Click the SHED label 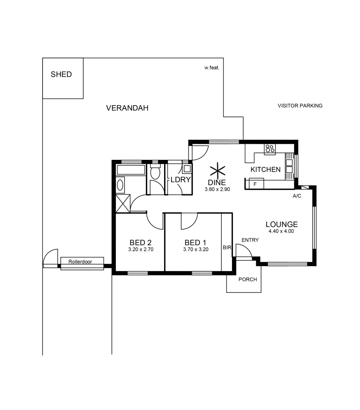(x=61, y=74)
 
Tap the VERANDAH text (x=127, y=108)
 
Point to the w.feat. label (x=212, y=68)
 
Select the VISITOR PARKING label (x=300, y=106)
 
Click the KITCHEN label (x=265, y=170)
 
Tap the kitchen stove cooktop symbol (x=270, y=149)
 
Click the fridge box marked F (x=256, y=184)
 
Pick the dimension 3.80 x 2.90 (x=217, y=189)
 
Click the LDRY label (x=180, y=180)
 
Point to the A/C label (x=297, y=196)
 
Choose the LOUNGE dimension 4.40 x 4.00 (x=281, y=231)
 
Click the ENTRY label (x=250, y=240)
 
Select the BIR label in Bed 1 (x=227, y=248)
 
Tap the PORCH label (x=248, y=279)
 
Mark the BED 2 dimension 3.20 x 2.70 (x=141, y=250)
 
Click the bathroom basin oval (x=120, y=185)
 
